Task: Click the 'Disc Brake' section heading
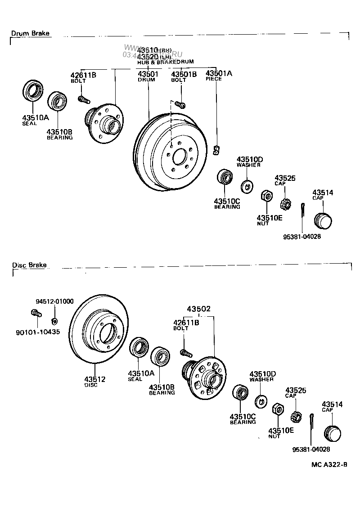29,265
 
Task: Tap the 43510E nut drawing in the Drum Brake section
266,196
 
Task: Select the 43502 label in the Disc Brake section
199,309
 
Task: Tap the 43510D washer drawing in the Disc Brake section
261,400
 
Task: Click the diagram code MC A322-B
328,464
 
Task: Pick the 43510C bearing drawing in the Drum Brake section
224,177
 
